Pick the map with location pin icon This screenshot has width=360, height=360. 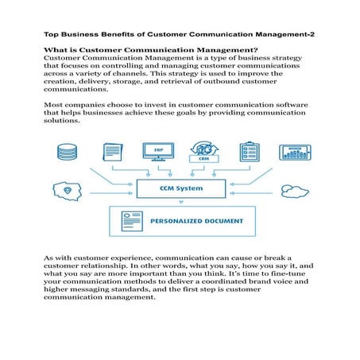coord(67,191)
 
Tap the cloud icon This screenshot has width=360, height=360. coord(293,191)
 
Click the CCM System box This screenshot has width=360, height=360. coord(179,189)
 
